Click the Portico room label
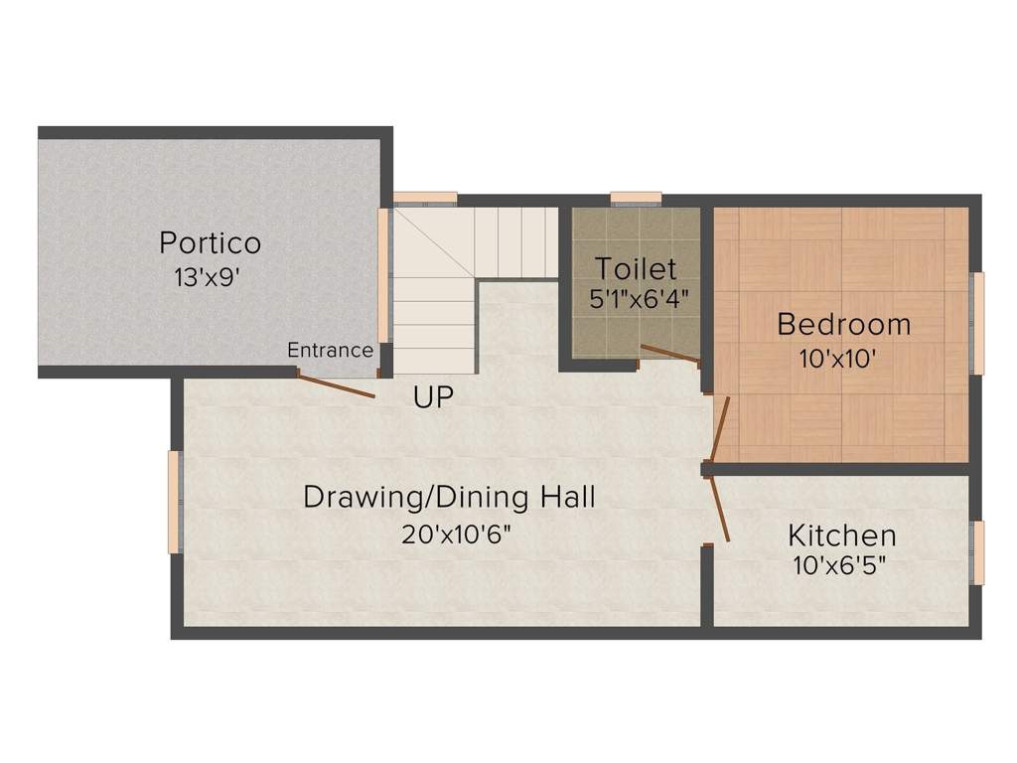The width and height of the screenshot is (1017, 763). (211, 243)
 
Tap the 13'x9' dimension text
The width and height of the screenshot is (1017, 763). (207, 278)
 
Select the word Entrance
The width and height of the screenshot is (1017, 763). (330, 351)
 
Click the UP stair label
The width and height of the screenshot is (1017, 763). (433, 397)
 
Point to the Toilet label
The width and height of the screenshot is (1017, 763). (636, 268)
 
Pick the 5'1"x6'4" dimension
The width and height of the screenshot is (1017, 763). (639, 299)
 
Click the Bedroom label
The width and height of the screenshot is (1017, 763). (844, 325)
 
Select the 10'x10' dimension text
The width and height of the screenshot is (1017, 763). (838, 358)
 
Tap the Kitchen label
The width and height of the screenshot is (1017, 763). (842, 535)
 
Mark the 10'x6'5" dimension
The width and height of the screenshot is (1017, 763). (839, 566)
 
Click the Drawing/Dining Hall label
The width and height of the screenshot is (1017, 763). (450, 498)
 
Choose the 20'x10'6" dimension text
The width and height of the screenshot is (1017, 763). (456, 534)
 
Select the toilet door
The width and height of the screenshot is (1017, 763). (670, 354)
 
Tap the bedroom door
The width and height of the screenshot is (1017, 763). (721, 429)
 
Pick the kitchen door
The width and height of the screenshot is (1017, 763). (721, 510)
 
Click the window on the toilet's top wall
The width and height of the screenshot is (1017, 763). (637, 199)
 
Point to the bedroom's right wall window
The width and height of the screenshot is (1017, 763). (977, 323)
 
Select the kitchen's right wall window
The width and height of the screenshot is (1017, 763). (977, 552)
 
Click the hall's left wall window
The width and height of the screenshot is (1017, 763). (175, 502)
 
